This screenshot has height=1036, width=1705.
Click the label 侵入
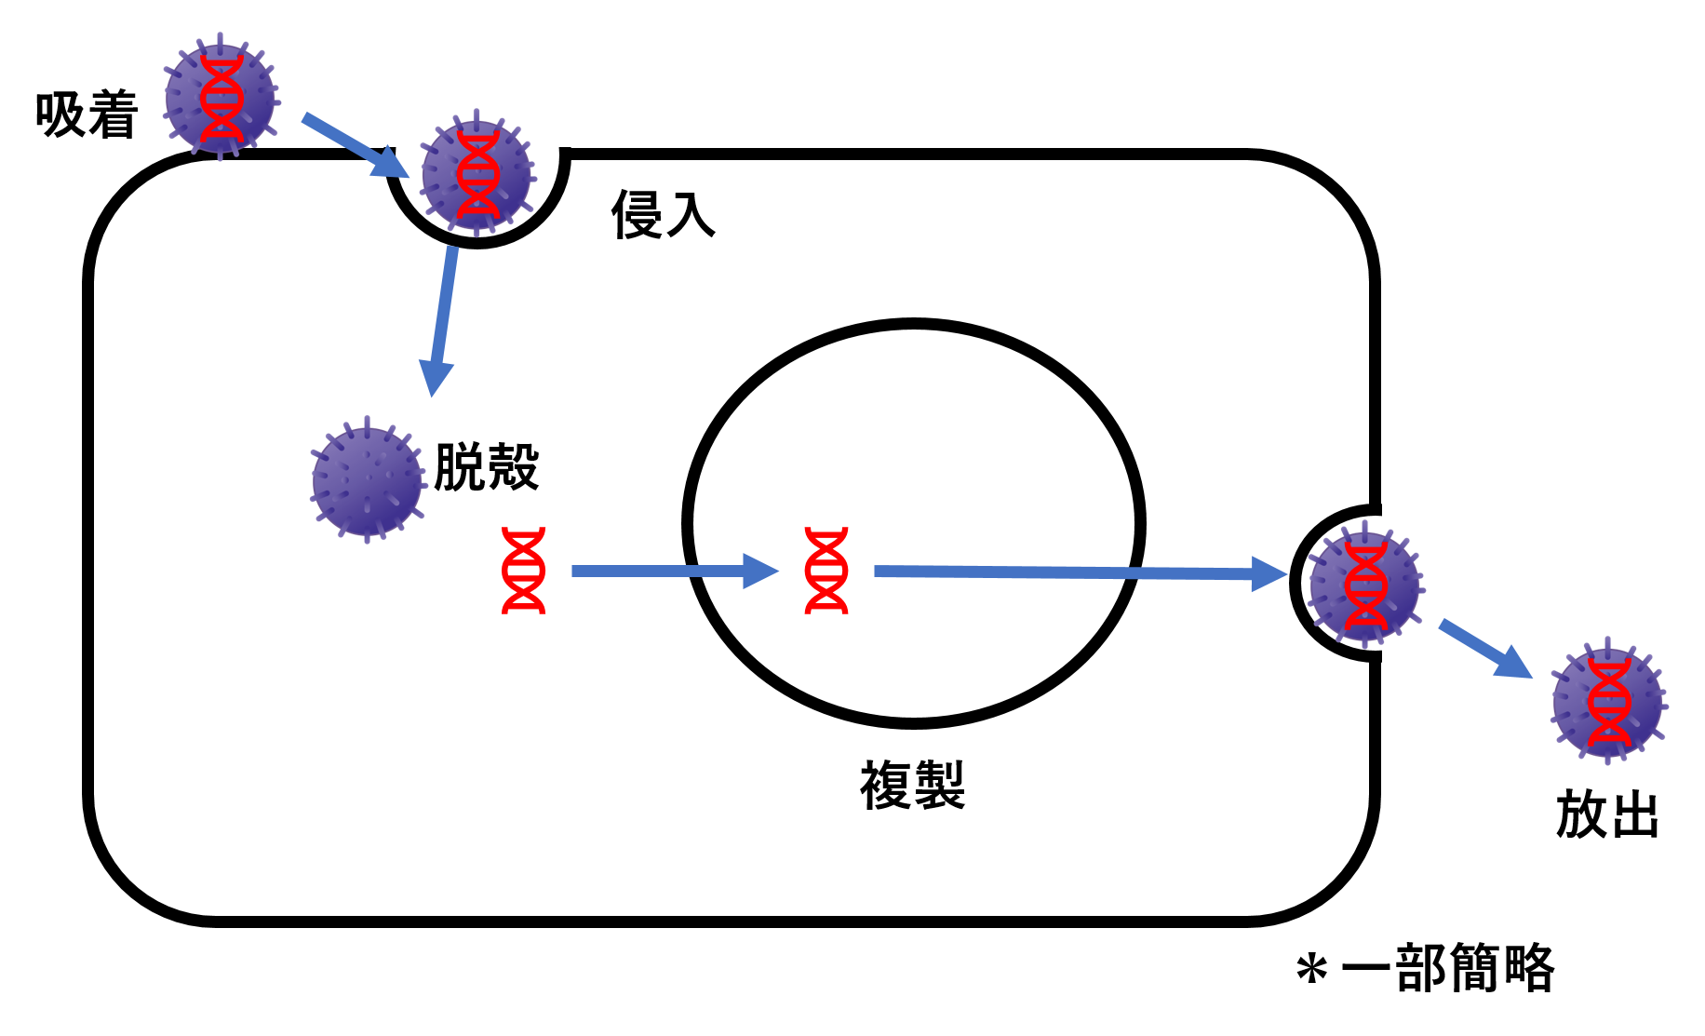[663, 215]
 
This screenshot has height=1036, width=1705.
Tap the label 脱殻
[486, 466]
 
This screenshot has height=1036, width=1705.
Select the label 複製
[912, 785]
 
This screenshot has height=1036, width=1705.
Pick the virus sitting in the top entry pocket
[477, 174]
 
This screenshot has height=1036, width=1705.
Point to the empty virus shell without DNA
[367, 480]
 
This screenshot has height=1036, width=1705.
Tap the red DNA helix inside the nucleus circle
[826, 570]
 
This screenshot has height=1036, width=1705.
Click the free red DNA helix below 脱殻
[523, 570]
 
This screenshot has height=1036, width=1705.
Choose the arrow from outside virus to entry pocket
[354, 145]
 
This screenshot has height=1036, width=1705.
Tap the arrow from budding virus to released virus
[1484, 648]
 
